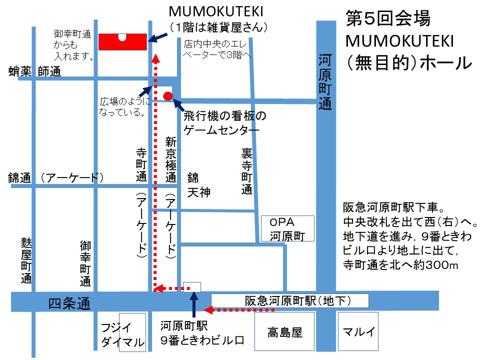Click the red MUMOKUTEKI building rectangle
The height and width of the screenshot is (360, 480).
[x=122, y=42]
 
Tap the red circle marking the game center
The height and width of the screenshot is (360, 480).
[x=168, y=95]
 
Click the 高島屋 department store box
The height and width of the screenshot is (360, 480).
[x=284, y=331]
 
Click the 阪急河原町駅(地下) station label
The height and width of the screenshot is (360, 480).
[x=290, y=300]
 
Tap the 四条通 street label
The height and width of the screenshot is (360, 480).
[x=69, y=303]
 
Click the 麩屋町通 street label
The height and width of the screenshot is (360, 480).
[x=26, y=259]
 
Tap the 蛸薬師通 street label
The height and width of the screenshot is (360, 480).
[x=34, y=72]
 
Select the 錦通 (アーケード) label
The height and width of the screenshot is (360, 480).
[x=56, y=177]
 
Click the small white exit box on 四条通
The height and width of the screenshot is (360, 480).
[x=192, y=287]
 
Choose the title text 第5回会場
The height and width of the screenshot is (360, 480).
[x=388, y=19]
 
